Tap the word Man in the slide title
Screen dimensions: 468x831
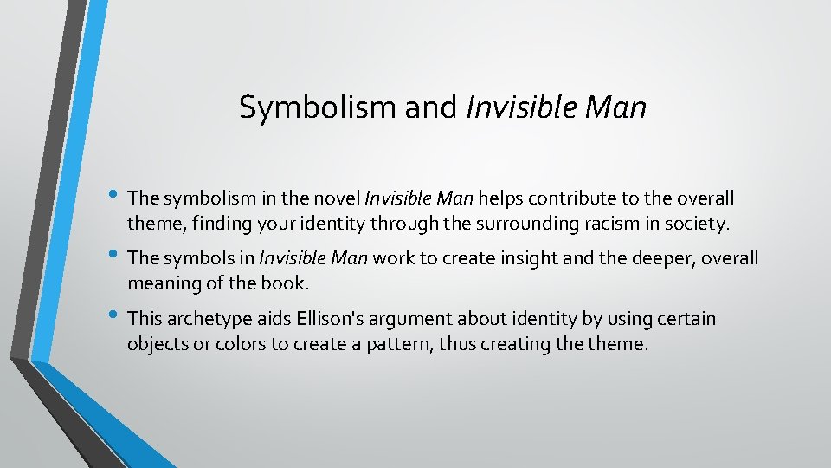coord(615,107)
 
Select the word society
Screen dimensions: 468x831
coord(697,224)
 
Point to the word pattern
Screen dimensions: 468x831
coord(409,344)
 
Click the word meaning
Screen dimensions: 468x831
coord(164,283)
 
